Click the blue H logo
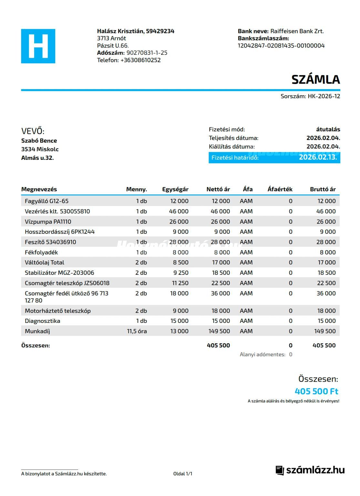click(38, 46)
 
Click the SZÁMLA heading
click(315, 79)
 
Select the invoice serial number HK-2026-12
click(324, 96)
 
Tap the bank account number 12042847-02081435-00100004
click(281, 46)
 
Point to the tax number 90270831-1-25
click(147, 53)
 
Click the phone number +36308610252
click(140, 60)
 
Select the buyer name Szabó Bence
click(39, 140)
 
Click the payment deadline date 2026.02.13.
click(318, 157)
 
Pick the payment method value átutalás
click(328, 129)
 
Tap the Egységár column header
click(175, 189)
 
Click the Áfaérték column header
click(280, 189)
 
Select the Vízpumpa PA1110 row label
click(48, 222)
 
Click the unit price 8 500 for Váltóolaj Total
click(181, 263)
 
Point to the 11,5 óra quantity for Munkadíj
click(137, 331)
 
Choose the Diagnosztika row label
click(43, 321)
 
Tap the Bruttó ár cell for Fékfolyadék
click(328, 252)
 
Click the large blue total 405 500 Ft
click(317, 391)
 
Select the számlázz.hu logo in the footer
click(310, 470)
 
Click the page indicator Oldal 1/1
click(183, 474)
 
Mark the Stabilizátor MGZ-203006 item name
click(59, 273)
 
